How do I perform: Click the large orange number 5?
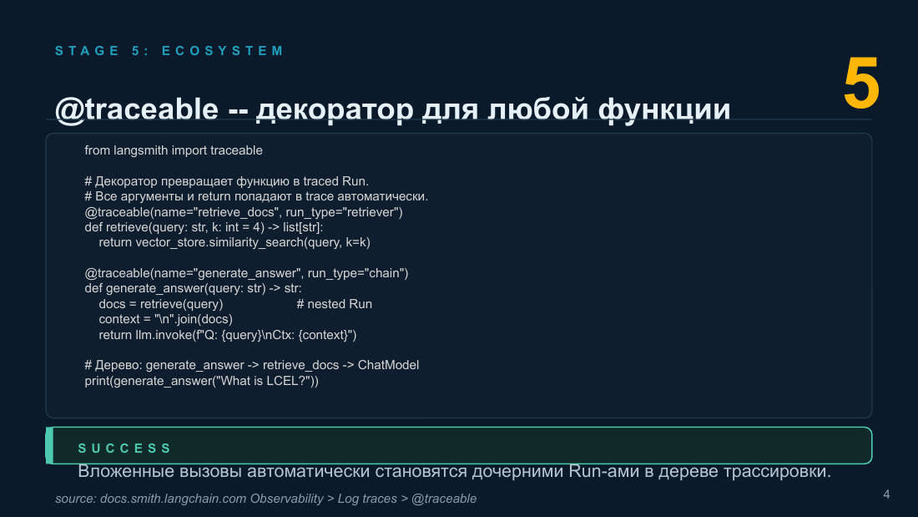(861, 84)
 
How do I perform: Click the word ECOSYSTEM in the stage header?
(223, 51)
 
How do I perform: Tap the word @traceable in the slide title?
(136, 109)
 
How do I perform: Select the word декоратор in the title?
(335, 110)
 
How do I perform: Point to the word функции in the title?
(664, 110)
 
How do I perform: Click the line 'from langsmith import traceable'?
(174, 150)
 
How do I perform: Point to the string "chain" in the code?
(383, 273)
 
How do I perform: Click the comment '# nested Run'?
(335, 304)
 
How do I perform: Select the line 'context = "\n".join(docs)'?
(166, 319)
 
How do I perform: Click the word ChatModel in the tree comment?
(388, 365)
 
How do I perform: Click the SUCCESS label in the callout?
(124, 449)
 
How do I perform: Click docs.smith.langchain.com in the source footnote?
(173, 499)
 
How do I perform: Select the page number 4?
(886, 494)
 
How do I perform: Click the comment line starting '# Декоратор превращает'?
(226, 182)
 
